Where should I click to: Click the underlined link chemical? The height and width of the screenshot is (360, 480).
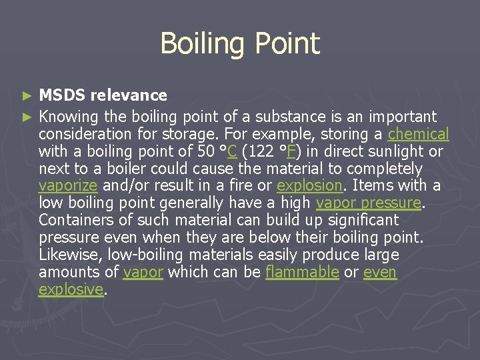coord(418,134)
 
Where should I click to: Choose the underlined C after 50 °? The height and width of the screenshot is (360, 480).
coord(232,151)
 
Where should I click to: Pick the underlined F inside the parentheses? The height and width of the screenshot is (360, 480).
coord(295,151)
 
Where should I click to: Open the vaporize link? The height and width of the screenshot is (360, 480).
coord(68,185)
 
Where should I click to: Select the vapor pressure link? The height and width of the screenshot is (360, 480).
coord(369,203)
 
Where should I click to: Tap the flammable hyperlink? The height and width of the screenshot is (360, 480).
coord(302,272)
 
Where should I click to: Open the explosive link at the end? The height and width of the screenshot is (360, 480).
coord(71,289)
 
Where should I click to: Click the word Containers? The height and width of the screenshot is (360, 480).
coord(75,220)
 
